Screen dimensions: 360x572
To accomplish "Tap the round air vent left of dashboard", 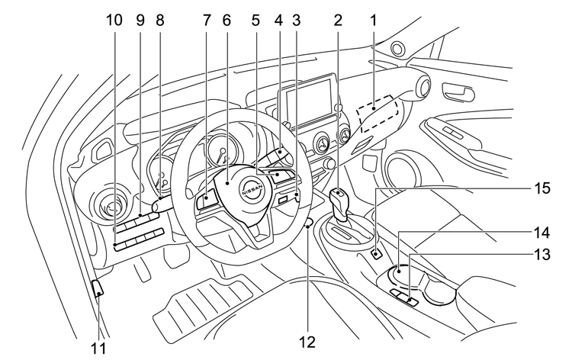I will coord(109,207).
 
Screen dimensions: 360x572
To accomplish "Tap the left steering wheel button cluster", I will coord(207,203).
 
